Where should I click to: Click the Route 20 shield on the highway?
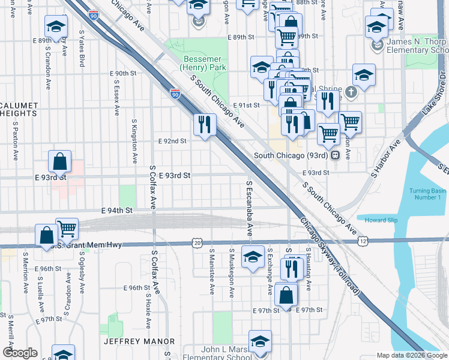click(197, 242)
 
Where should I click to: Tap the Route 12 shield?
click(364, 241)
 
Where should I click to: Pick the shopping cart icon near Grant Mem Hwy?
click(67, 229)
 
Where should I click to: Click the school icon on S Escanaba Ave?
click(253, 257)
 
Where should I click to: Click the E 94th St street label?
click(116, 211)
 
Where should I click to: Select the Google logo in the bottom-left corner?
click(19, 353)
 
